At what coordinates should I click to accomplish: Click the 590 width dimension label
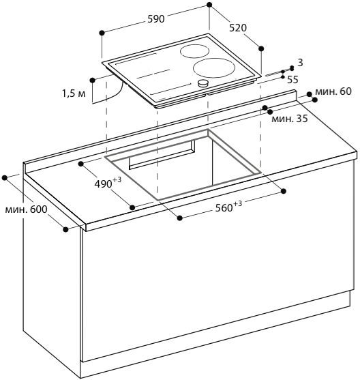click(x=156, y=19)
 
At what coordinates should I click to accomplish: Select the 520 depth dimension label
click(x=238, y=28)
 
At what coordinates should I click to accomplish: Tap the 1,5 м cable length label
click(x=74, y=93)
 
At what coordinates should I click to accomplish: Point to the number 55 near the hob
click(x=292, y=80)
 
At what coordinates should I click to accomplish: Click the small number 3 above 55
click(x=300, y=63)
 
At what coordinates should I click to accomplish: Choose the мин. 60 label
click(x=333, y=91)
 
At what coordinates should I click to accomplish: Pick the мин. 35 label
click(x=290, y=119)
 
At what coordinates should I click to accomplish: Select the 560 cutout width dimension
click(x=228, y=206)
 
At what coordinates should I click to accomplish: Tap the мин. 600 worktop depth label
click(x=26, y=209)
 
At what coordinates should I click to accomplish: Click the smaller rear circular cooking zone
click(x=194, y=51)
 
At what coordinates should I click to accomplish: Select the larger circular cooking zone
click(x=214, y=68)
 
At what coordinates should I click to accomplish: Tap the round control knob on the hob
click(x=203, y=83)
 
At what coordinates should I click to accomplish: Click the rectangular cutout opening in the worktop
click(x=183, y=165)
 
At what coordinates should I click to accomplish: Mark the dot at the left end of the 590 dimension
click(x=102, y=33)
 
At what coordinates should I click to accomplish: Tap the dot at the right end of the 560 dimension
click(x=284, y=191)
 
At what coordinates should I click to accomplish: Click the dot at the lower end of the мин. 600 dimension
click(x=65, y=229)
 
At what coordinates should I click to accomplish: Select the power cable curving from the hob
click(x=109, y=97)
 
